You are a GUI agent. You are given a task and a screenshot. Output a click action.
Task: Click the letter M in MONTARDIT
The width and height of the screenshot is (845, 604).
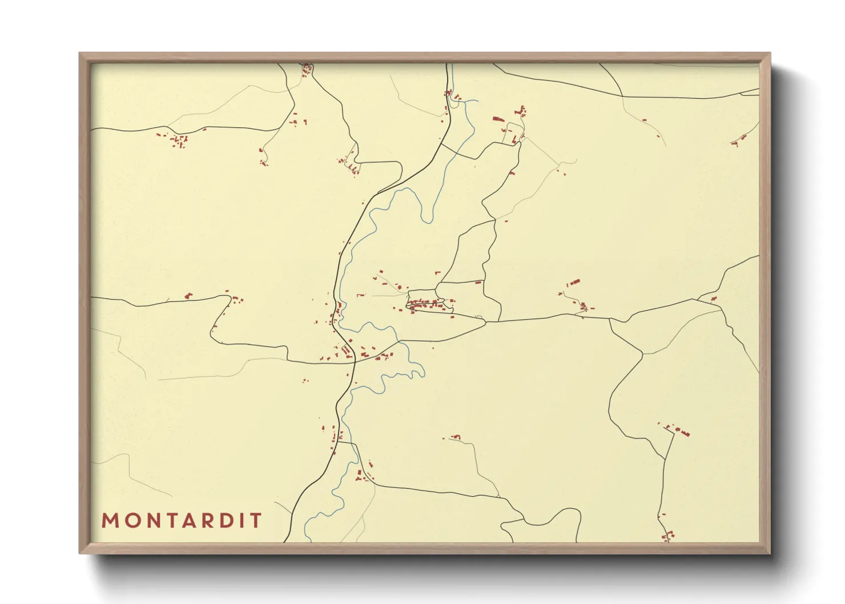[110, 521]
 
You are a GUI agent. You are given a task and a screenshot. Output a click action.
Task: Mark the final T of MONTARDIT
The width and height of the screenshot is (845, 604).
[253, 521]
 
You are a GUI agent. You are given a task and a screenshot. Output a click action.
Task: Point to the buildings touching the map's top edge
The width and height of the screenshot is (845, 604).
[307, 70]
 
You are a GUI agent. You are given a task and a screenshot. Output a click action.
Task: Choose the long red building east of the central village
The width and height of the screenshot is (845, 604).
[573, 283]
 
